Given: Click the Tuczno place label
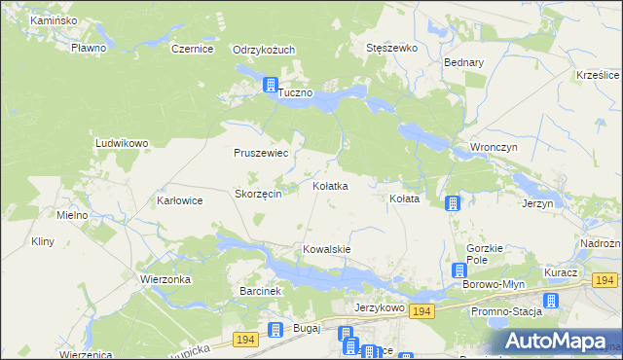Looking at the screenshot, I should pyautogui.click(x=295, y=93).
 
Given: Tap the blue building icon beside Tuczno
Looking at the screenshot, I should pyautogui.click(x=270, y=86).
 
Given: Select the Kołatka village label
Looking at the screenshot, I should pyautogui.click(x=329, y=185).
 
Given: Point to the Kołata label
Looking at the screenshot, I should pyautogui.click(x=404, y=198).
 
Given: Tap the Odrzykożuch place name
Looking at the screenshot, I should pyautogui.click(x=264, y=49).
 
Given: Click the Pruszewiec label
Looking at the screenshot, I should pyautogui.click(x=260, y=153).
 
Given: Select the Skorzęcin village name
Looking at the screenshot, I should pyautogui.click(x=258, y=194).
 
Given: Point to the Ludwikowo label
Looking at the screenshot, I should pyautogui.click(x=121, y=143).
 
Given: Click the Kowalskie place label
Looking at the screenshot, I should pyautogui.click(x=326, y=249).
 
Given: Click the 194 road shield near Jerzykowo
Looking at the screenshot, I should pyautogui.click(x=421, y=310).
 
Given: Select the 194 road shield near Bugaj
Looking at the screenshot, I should pyautogui.click(x=246, y=339).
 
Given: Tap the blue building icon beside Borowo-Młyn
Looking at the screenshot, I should pyautogui.click(x=461, y=271).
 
